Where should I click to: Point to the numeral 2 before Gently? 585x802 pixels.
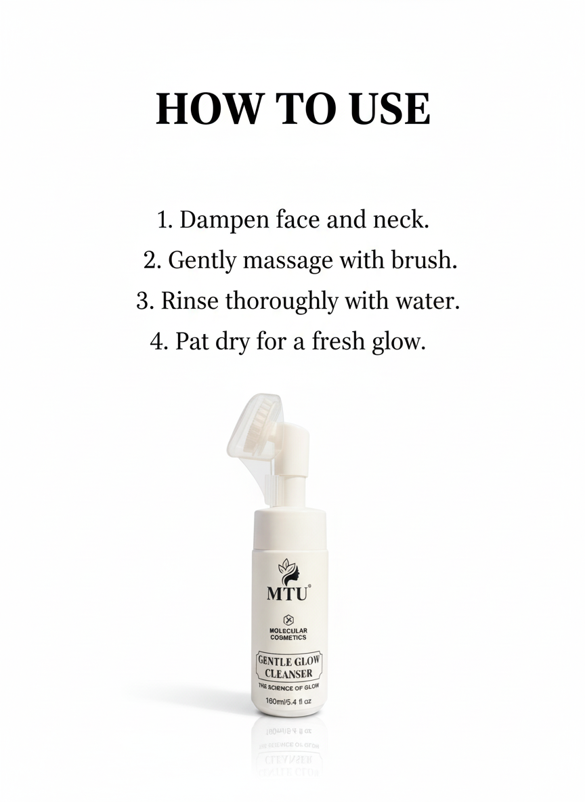[x=150, y=260]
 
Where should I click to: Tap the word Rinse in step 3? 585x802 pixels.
[x=190, y=300]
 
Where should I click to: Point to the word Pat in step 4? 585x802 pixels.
[x=188, y=341]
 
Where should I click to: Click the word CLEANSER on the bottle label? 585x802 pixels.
[x=288, y=673]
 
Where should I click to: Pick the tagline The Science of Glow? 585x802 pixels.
[x=289, y=687]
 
